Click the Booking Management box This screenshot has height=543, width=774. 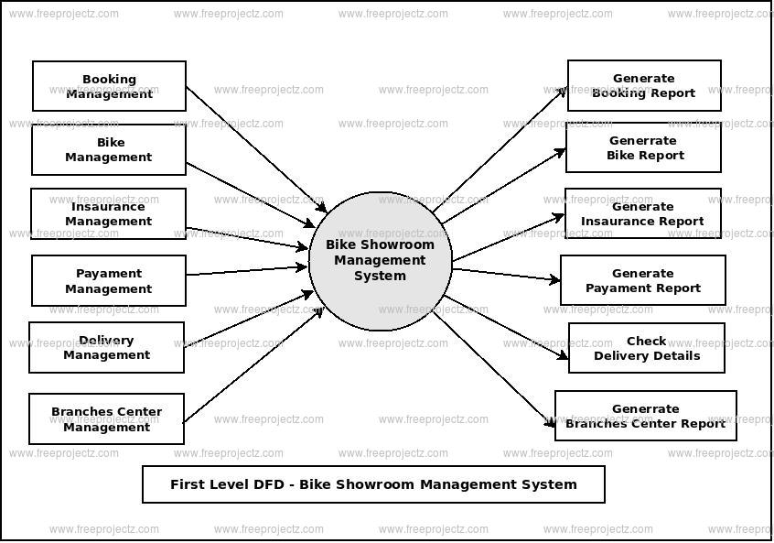click(x=109, y=86)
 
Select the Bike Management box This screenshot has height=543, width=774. click(x=109, y=149)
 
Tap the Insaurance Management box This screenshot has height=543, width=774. click(x=109, y=213)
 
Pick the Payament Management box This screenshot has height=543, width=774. click(x=109, y=280)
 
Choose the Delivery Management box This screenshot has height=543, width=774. click(x=106, y=347)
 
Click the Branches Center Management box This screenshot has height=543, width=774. click(x=106, y=418)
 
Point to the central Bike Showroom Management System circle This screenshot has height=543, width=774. click(x=380, y=260)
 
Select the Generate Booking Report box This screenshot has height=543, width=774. click(x=644, y=85)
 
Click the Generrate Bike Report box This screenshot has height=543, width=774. click(x=643, y=147)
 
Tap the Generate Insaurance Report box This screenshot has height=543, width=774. click(x=642, y=213)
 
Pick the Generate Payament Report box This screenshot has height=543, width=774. click(x=642, y=280)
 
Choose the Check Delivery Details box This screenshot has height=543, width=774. click(x=646, y=348)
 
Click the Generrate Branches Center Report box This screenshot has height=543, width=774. click(x=645, y=416)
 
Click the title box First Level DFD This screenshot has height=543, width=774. click(x=373, y=484)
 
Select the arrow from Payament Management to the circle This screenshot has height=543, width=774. click(x=247, y=270)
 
